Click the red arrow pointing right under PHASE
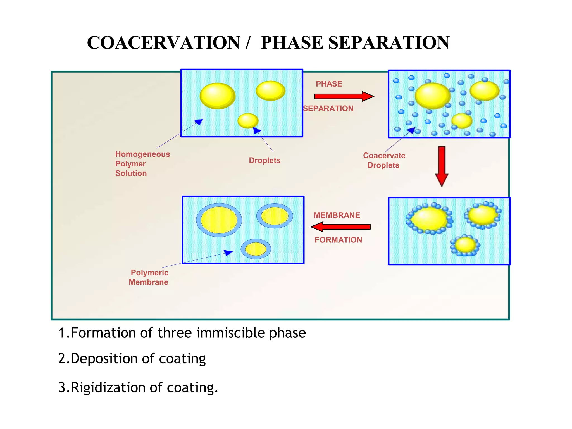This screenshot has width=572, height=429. point(344,96)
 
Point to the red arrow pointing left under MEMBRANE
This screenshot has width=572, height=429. point(340,227)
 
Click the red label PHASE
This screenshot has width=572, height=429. point(329,84)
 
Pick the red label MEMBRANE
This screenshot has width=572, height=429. point(337,215)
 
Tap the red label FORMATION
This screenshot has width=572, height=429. point(338,240)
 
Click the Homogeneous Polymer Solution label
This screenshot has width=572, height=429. point(142,164)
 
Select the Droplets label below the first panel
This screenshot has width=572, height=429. point(264,160)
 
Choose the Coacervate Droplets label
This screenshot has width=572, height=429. point(384,160)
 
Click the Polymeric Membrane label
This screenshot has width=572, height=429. point(149,277)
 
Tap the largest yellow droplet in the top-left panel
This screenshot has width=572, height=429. point(217,96)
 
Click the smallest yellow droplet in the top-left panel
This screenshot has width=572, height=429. point(248,121)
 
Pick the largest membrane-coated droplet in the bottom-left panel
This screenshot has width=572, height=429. point(219,220)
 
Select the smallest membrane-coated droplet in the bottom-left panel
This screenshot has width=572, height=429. point(256,249)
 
